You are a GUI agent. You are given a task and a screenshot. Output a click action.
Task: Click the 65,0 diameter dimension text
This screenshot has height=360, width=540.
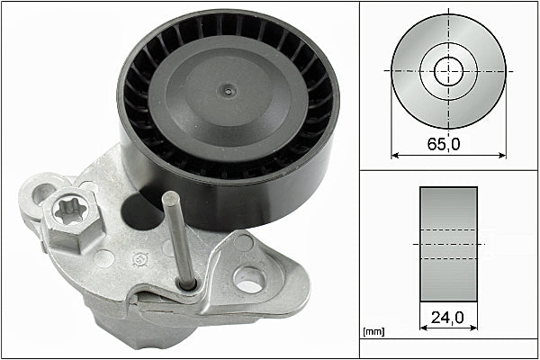pyautogui.click(x=448, y=142)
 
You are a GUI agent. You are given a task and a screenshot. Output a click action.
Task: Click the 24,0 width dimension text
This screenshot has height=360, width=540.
pyautogui.click(x=448, y=317)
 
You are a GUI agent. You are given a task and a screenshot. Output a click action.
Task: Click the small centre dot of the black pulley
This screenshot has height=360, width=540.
pyautogui.click(x=229, y=90)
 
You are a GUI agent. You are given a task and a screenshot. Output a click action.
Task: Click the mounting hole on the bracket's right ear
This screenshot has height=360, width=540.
pyautogui.click(x=249, y=280)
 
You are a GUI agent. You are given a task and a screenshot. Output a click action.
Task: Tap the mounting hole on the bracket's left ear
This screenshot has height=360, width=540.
pyautogui.click(x=45, y=193)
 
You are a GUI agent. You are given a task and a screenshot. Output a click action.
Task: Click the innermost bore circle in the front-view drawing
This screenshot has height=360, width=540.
pyautogui.click(x=448, y=71)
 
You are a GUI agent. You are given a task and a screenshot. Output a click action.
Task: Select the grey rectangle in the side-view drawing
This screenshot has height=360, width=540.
pyautogui.click(x=448, y=244)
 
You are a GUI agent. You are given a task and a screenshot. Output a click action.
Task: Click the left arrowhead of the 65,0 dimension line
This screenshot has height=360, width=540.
pyautogui.click(x=394, y=155)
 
